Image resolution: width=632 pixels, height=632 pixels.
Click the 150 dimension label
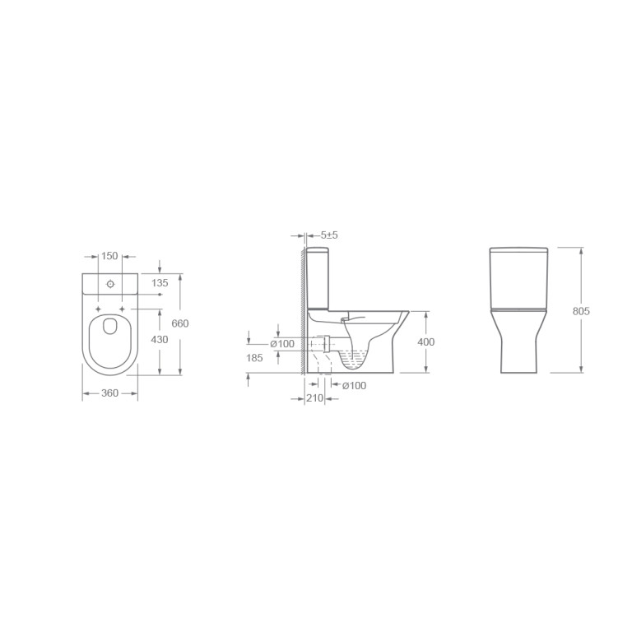[x=109, y=256]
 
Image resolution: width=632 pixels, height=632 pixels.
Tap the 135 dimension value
[x=160, y=283]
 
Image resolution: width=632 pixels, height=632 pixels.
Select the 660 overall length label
[x=179, y=323]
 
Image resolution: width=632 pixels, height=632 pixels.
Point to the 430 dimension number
[x=159, y=340]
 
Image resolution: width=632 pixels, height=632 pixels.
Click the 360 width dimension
[x=109, y=393]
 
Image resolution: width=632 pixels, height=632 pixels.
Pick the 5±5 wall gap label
[x=329, y=235]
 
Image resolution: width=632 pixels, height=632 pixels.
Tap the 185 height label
[x=254, y=357]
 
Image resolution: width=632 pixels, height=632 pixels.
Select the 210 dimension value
[x=315, y=398]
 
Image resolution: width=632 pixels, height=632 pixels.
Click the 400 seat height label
[x=426, y=342]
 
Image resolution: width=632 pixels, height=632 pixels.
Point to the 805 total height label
[x=581, y=311]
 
